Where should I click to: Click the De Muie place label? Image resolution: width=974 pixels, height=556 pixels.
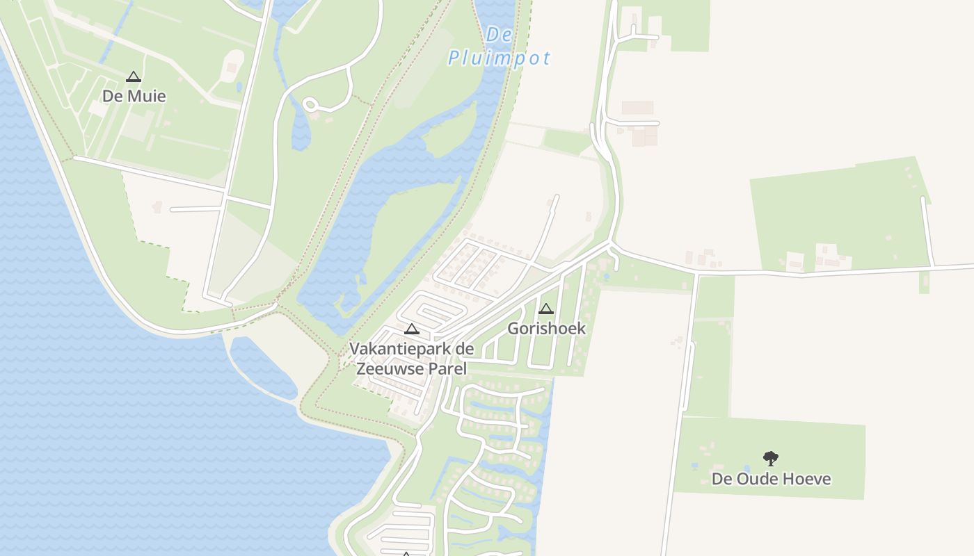click(x=134, y=96)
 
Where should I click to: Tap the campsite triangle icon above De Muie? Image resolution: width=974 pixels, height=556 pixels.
click(x=134, y=76)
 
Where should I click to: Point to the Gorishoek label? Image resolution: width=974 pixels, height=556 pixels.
click(x=546, y=328)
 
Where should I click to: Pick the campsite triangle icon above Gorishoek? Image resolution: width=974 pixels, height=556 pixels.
click(x=546, y=309)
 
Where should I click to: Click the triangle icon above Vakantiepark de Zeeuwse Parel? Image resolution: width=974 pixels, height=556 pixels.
click(x=412, y=329)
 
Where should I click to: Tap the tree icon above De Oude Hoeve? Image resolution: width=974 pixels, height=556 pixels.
click(x=770, y=458)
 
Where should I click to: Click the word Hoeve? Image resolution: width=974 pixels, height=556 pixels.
click(x=807, y=479)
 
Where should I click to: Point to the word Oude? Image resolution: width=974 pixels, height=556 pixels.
click(x=757, y=479)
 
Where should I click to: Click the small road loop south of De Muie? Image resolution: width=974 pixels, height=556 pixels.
click(x=311, y=105)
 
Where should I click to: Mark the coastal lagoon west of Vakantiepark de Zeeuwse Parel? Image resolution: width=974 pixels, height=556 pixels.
click(x=262, y=369)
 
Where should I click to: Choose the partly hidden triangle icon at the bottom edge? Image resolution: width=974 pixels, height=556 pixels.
click(x=406, y=553)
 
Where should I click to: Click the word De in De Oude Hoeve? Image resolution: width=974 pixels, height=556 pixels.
click(x=721, y=479)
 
